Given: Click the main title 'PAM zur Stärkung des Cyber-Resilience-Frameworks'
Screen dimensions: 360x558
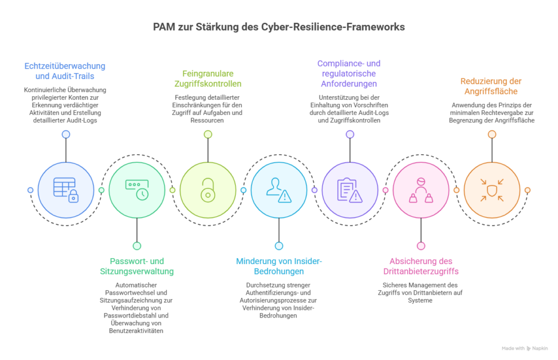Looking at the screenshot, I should (278, 26).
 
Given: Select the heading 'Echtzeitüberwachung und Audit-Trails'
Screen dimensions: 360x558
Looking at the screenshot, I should (65, 71).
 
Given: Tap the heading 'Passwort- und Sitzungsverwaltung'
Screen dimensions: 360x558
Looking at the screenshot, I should (137, 266).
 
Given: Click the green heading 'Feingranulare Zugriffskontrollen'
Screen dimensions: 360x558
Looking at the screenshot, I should (208, 78).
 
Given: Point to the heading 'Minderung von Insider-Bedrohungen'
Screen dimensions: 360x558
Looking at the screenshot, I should (279, 266).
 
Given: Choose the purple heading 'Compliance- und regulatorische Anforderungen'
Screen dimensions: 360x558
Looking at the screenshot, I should (349, 74).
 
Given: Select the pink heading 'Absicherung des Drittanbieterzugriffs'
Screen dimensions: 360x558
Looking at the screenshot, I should (421, 266).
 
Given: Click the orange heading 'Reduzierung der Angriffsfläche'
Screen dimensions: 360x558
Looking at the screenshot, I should (492, 86).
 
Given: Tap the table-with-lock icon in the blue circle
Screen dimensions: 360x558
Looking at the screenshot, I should (65, 190).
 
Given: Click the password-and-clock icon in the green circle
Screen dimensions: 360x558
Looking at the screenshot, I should (136, 190).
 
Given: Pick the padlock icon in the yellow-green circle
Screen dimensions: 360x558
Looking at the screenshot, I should (208, 190).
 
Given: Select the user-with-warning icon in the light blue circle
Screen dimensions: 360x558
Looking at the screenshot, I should (278, 190).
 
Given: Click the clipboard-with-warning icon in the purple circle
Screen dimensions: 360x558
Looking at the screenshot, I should (349, 190).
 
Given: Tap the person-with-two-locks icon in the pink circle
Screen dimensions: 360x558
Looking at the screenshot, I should (420, 190).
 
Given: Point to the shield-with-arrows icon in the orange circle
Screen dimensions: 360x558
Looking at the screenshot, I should (492, 190).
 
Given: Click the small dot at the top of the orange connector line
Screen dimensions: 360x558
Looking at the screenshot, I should (492, 134).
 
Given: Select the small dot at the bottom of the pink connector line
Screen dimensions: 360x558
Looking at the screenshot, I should (421, 246).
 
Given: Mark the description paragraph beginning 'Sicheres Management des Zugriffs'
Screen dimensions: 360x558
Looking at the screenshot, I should (421, 292).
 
